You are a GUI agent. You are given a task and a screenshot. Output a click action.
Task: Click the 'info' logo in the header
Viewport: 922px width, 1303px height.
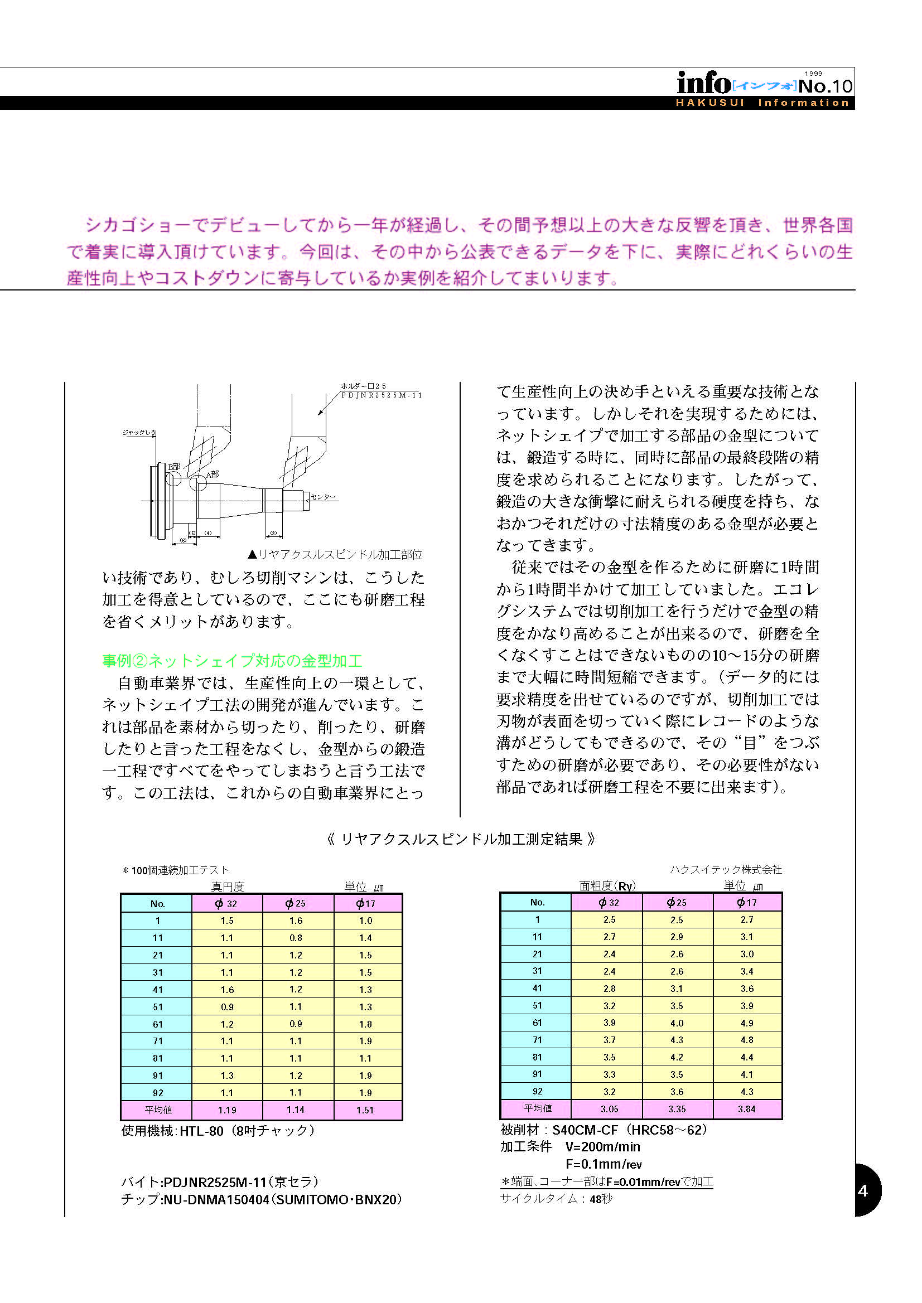703,84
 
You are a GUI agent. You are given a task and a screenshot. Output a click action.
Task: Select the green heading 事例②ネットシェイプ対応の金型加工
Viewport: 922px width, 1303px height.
231,661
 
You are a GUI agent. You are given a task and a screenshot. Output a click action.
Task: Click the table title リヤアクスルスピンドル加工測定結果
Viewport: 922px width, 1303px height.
461,839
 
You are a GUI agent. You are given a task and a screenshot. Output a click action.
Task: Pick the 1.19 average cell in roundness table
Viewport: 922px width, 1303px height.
227,1110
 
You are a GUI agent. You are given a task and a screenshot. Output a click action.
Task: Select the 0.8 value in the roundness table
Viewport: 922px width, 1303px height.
296,938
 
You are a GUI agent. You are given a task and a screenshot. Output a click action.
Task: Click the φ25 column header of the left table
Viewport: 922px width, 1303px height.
296,903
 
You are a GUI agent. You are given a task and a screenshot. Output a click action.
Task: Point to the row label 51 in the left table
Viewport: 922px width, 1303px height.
157,1007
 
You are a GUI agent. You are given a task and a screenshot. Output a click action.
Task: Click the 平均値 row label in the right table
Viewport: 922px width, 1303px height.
537,1108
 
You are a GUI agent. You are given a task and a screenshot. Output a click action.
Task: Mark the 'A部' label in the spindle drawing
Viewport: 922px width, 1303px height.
213,474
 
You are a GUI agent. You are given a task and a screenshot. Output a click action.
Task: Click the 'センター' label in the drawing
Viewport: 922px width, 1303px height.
324,497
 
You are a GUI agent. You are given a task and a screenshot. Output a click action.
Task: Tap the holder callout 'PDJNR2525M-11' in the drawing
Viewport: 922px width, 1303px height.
382,395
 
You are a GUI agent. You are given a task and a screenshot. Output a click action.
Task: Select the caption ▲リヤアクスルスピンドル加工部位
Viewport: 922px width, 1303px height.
335,554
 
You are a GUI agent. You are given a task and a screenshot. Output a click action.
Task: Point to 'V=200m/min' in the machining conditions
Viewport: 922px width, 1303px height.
602,1146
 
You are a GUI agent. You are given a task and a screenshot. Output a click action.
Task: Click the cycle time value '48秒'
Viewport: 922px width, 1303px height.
601,1199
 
